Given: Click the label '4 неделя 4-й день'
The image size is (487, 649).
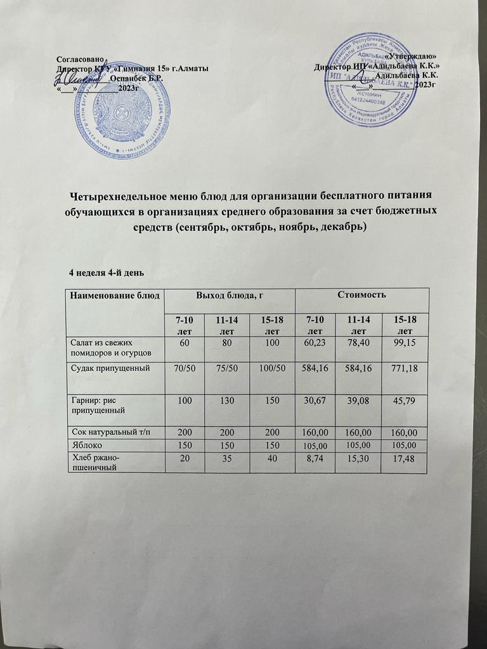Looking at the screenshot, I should (x=107, y=273).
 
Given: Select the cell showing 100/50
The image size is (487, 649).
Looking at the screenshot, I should (x=272, y=368).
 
